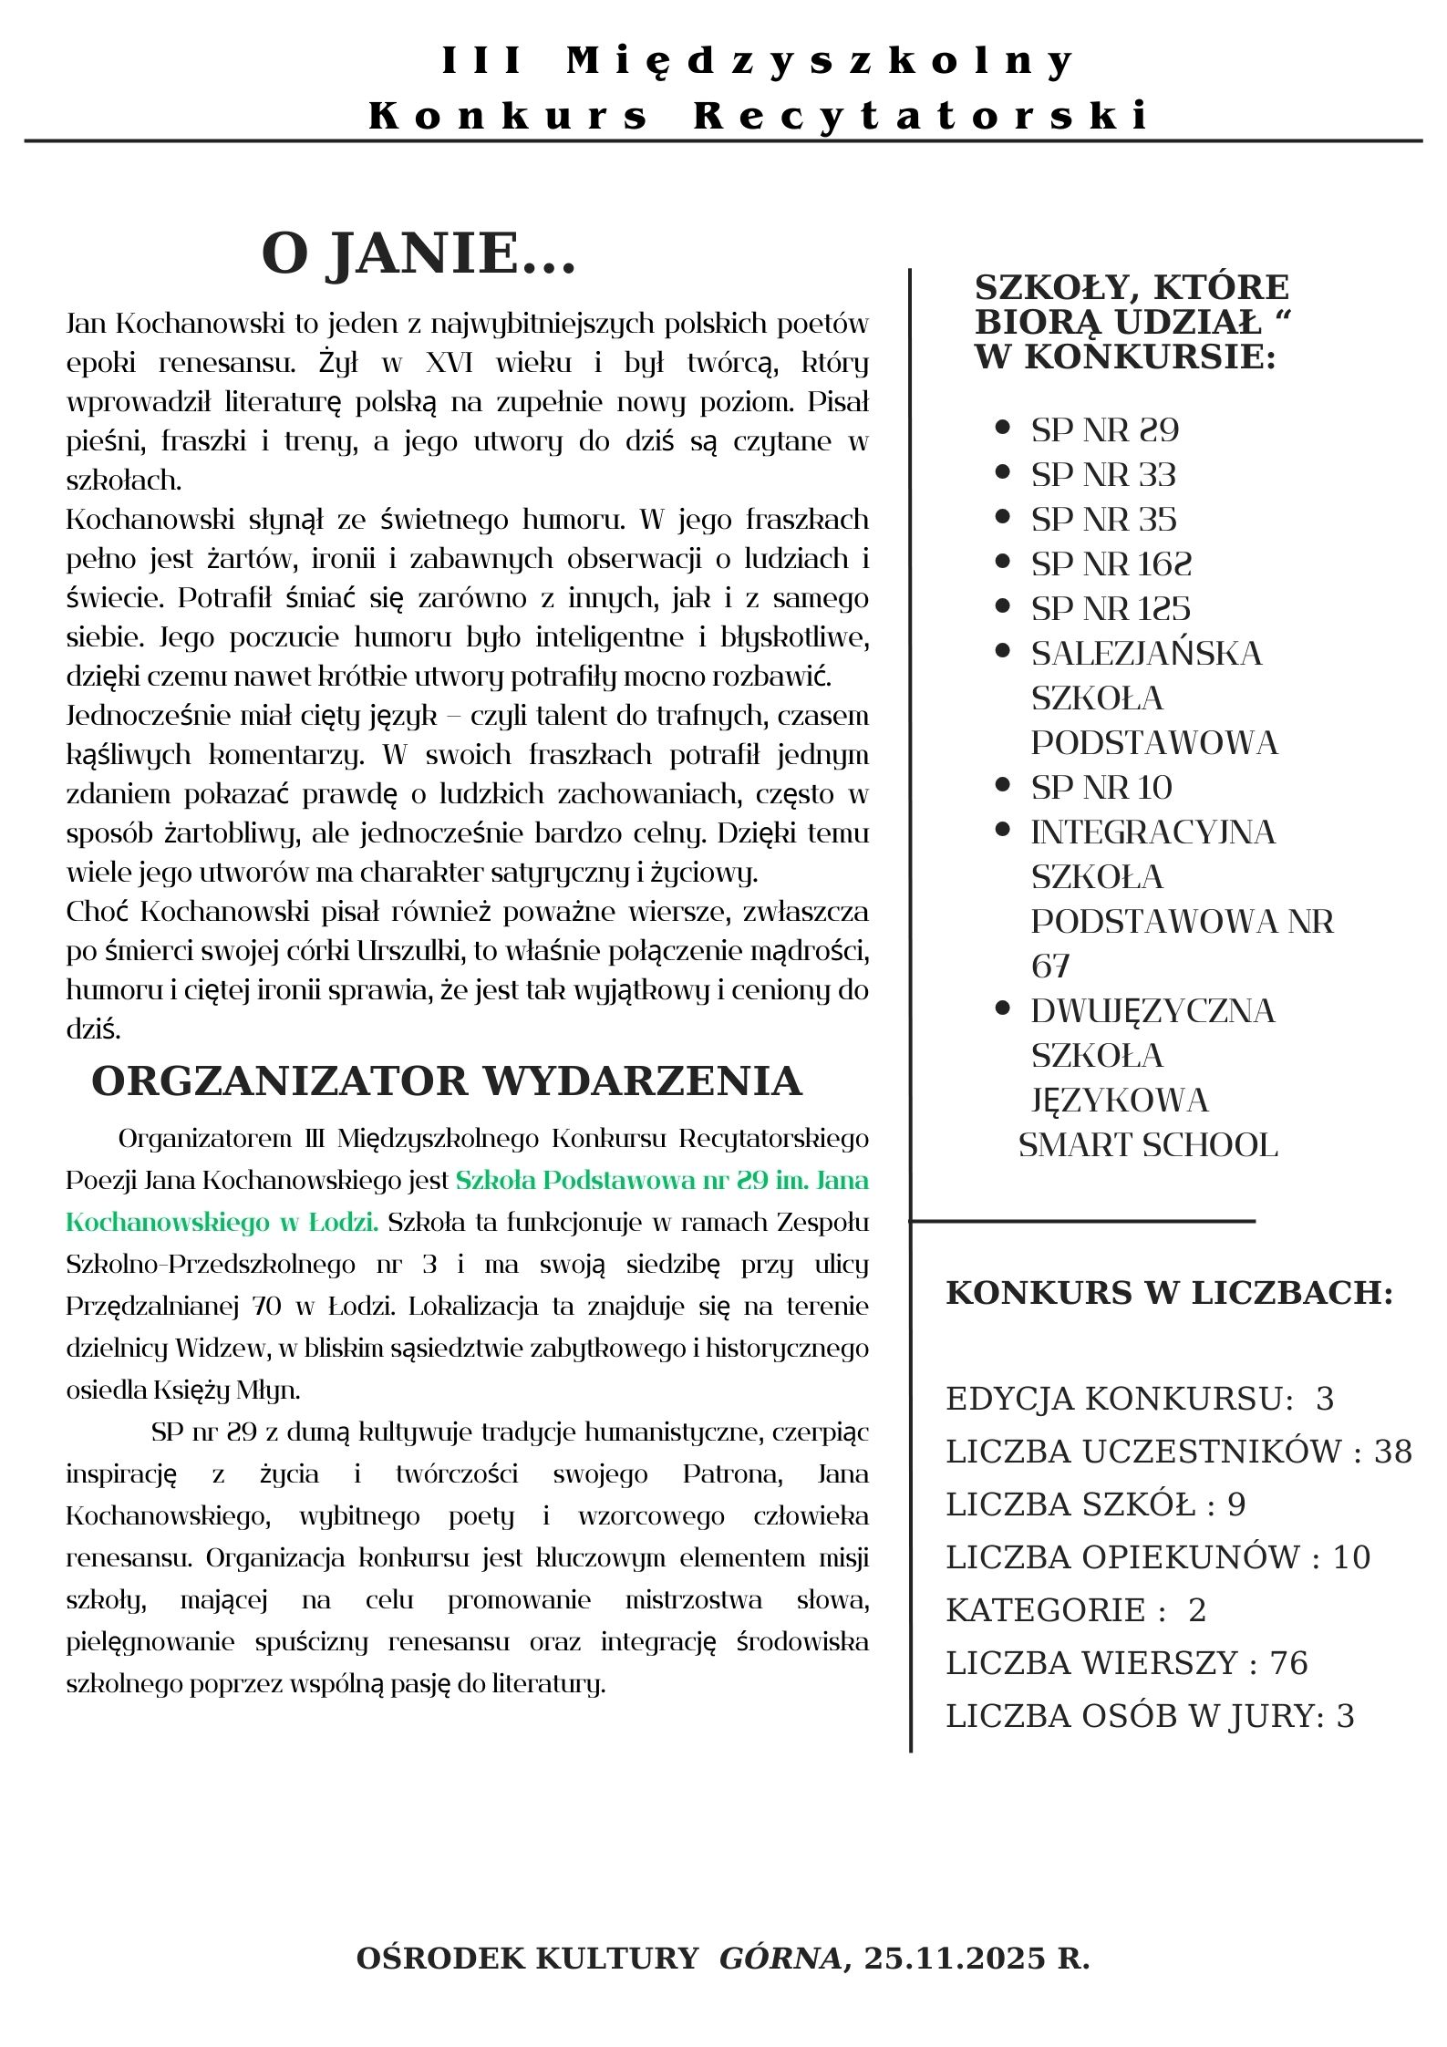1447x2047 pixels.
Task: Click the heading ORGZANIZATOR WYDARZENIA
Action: click(446, 1080)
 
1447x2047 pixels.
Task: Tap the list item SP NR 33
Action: click(1103, 474)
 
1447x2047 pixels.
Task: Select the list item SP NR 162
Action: click(1111, 563)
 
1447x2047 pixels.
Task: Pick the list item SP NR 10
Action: click(1101, 787)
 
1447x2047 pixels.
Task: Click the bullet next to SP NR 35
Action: click(1003, 517)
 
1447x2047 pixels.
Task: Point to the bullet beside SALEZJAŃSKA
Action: click(1003, 651)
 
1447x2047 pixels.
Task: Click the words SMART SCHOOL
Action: click(1148, 1144)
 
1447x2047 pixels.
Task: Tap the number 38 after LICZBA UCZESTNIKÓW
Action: click(1392, 1451)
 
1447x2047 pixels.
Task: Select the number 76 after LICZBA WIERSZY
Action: click(1288, 1662)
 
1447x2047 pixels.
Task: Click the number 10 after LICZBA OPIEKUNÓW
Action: click(1351, 1556)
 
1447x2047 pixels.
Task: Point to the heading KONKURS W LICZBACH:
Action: click(1169, 1292)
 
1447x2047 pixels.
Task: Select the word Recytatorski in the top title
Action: click(921, 116)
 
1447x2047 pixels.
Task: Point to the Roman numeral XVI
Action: click(450, 363)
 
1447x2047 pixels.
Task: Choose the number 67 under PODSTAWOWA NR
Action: click(1049, 966)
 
